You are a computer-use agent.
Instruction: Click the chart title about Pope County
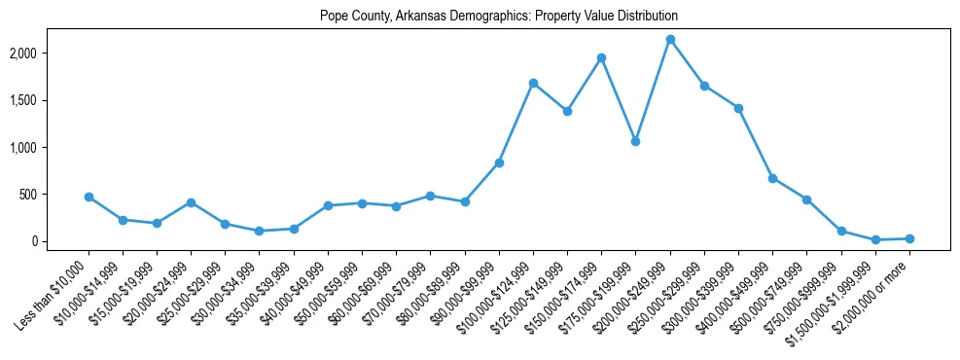[x=498, y=17]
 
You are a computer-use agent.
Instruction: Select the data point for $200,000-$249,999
[x=670, y=40]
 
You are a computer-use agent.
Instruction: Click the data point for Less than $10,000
[x=89, y=197]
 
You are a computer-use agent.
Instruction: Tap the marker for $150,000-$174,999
[x=601, y=57]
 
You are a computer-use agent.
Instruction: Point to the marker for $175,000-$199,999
[x=635, y=141]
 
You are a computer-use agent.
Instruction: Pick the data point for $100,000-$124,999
[x=533, y=83]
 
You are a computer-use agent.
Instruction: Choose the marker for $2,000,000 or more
[x=909, y=238]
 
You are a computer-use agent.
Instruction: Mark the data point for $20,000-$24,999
[x=191, y=202]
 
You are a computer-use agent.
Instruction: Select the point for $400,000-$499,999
[x=772, y=178]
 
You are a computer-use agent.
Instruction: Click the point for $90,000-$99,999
[x=499, y=162]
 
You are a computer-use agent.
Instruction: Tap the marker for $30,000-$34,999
[x=259, y=231]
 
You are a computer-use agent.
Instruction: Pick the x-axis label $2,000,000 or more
[x=874, y=288]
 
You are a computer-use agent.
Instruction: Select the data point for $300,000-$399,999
[x=738, y=108]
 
